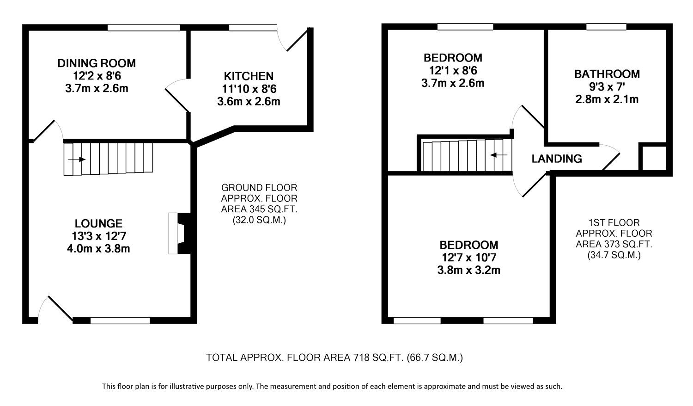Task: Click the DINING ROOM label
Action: click(97, 63)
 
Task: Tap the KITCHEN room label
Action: click(249, 76)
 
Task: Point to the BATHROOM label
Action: click(607, 74)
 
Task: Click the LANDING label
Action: click(556, 159)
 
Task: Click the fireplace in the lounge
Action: click(179, 233)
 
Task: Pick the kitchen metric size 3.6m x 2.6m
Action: click(249, 101)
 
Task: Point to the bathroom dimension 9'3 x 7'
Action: click(607, 86)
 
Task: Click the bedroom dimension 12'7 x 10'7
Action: click(468, 258)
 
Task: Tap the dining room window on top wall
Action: click(144, 28)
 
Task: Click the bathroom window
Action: click(606, 27)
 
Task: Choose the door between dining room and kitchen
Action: click(178, 96)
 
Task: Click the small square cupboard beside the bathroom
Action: click(653, 158)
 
